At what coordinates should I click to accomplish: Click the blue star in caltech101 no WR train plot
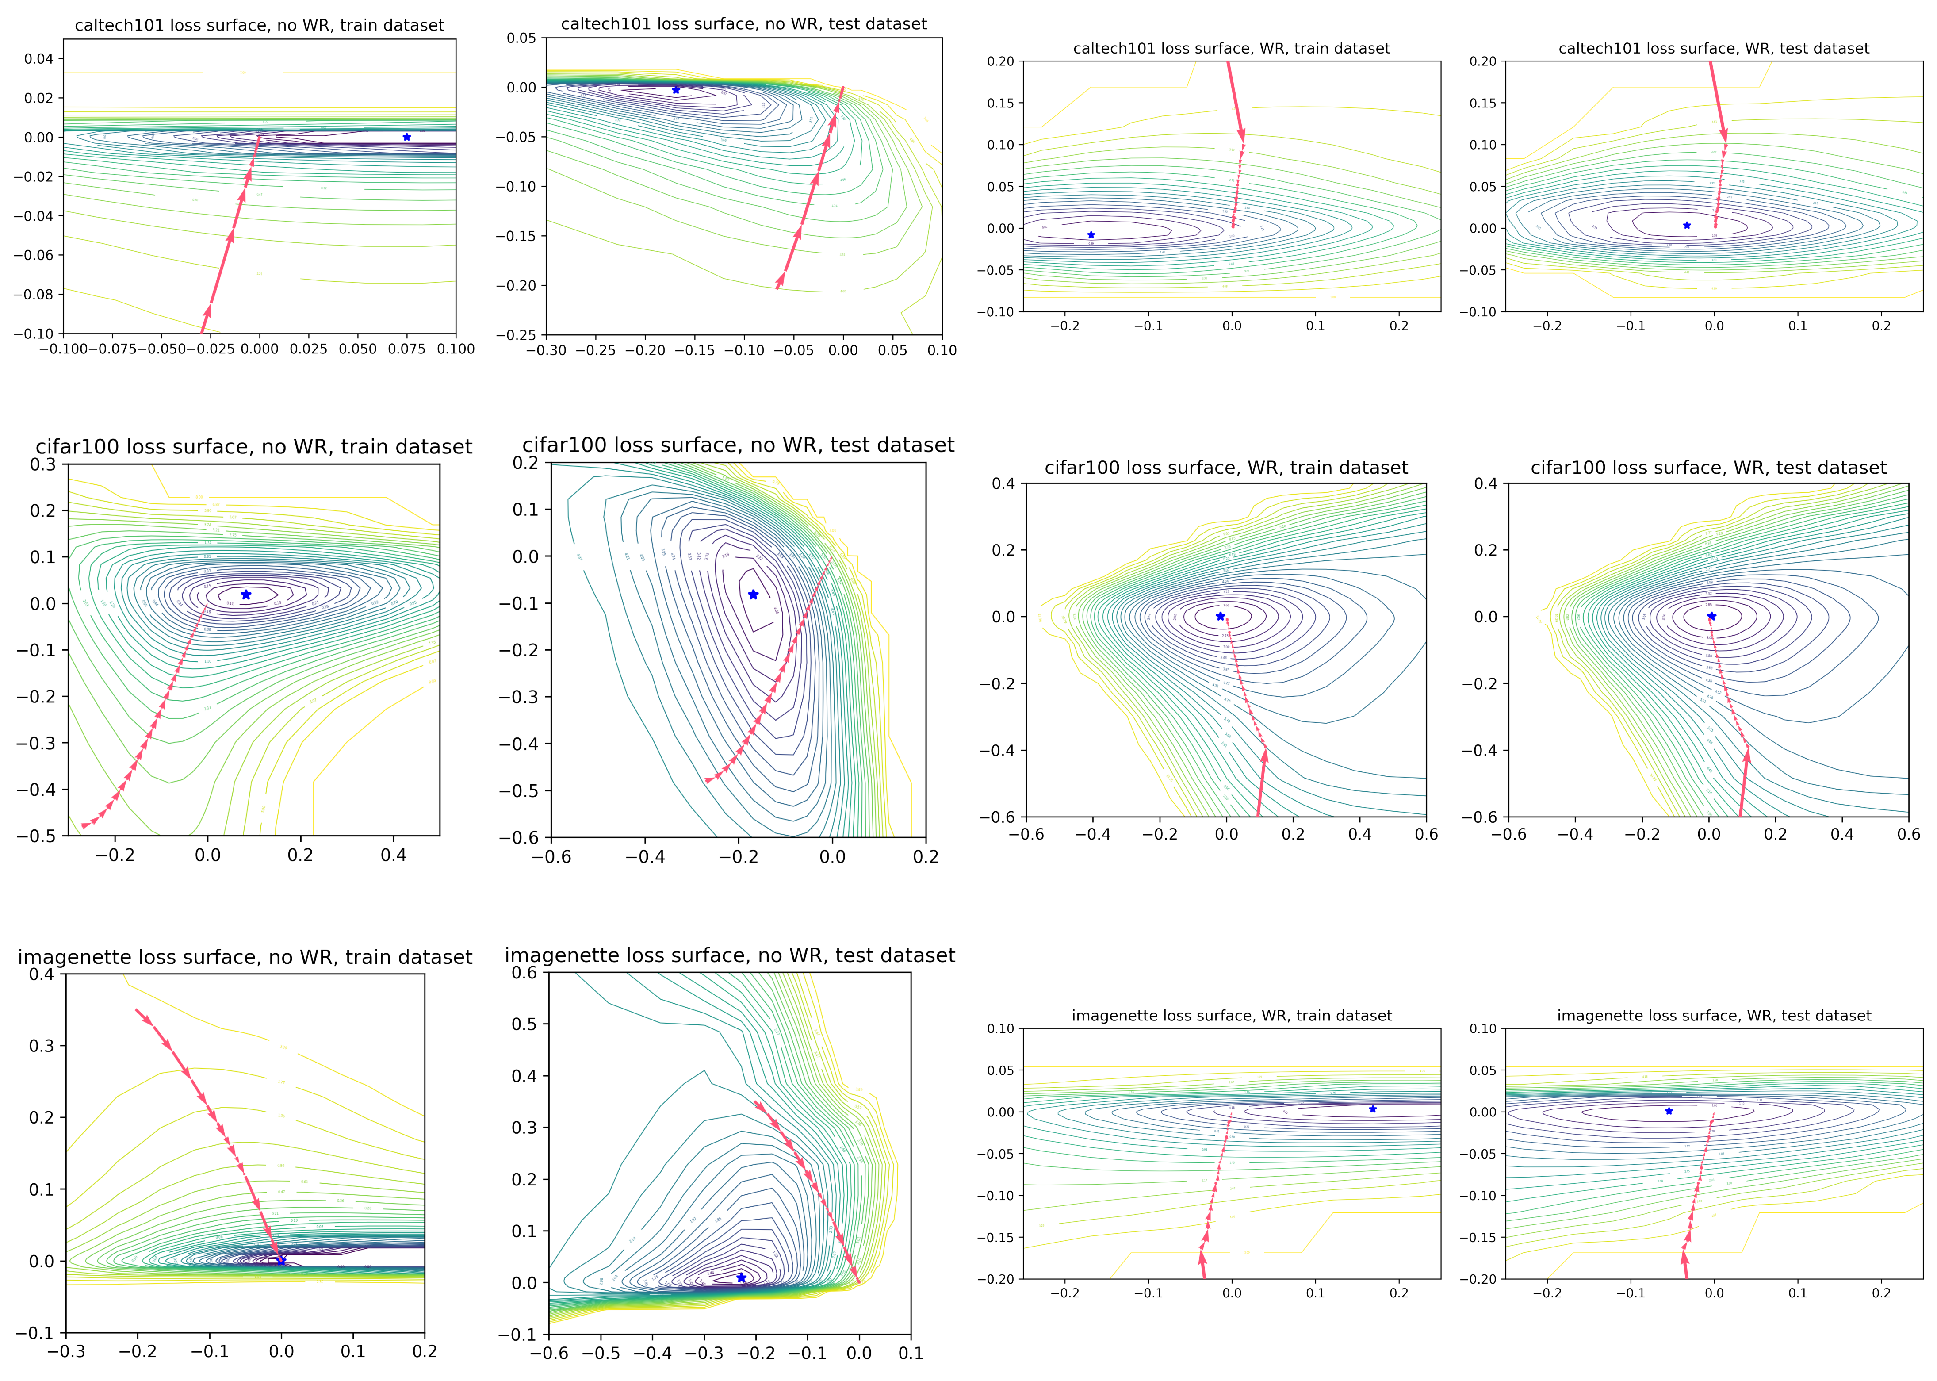[x=406, y=137]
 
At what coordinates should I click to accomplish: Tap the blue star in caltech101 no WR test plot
[x=676, y=89]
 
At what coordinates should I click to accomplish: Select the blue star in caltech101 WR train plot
[x=1091, y=235]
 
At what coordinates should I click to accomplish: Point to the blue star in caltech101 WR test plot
[x=1687, y=225]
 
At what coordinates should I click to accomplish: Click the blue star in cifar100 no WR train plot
[x=245, y=595]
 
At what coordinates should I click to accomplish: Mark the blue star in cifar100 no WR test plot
[x=753, y=595]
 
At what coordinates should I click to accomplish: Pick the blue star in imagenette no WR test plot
[x=741, y=1277]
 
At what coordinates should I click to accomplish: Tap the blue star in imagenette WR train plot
[x=1373, y=1109]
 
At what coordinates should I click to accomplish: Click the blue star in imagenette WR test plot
[x=1669, y=1111]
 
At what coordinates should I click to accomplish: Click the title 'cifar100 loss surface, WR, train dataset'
[x=1225, y=468]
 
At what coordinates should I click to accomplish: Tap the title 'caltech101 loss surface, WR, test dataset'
[x=1714, y=49]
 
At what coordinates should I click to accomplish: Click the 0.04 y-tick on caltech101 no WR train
[x=38, y=59]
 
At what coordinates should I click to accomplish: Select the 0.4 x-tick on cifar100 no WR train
[x=394, y=855]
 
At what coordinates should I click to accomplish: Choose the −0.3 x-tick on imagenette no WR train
[x=66, y=1351]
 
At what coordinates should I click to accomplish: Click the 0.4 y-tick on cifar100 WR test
[x=1485, y=484]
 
